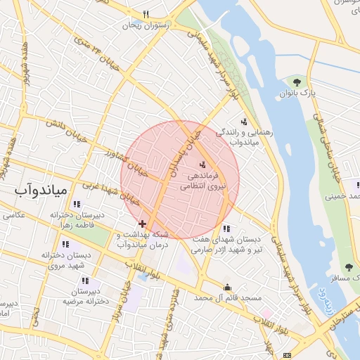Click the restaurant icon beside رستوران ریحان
click(146, 14)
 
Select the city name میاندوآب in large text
click(41, 191)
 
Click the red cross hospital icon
click(143, 222)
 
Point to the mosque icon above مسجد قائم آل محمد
click(227, 287)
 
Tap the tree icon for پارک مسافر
click(349, 267)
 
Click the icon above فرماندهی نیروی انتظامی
click(202, 165)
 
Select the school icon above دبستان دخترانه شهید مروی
click(65, 244)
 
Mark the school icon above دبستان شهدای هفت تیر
click(226, 229)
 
